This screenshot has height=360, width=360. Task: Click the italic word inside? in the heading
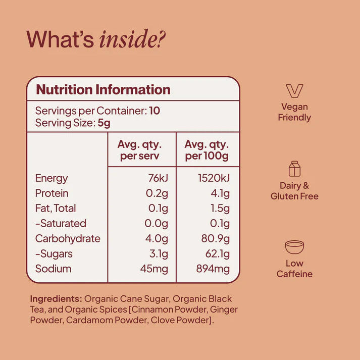[x=132, y=39]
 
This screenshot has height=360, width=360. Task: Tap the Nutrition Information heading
[x=104, y=89]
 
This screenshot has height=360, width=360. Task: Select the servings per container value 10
[x=155, y=111]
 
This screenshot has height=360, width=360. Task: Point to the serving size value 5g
[x=104, y=123]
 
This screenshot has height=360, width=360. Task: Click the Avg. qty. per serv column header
[x=139, y=150]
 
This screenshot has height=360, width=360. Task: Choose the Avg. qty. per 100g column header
[x=207, y=150]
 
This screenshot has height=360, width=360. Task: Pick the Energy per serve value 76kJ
[x=158, y=178]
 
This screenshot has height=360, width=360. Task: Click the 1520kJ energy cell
[x=214, y=178]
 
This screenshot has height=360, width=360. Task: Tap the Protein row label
[x=52, y=193]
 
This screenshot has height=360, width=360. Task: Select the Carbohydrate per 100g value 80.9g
[x=216, y=239]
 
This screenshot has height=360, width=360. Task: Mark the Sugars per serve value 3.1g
[x=159, y=254]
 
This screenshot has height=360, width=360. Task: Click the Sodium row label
[x=53, y=269]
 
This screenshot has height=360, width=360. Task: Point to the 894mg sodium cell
[x=213, y=269]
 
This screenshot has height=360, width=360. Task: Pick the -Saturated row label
[x=61, y=223]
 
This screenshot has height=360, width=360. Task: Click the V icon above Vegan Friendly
[x=294, y=91]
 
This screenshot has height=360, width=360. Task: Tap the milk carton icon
[x=294, y=169]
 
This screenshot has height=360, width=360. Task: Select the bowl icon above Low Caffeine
[x=294, y=247]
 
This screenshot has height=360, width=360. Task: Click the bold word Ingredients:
[x=56, y=299]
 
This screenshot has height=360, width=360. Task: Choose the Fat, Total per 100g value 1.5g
[x=220, y=209]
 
